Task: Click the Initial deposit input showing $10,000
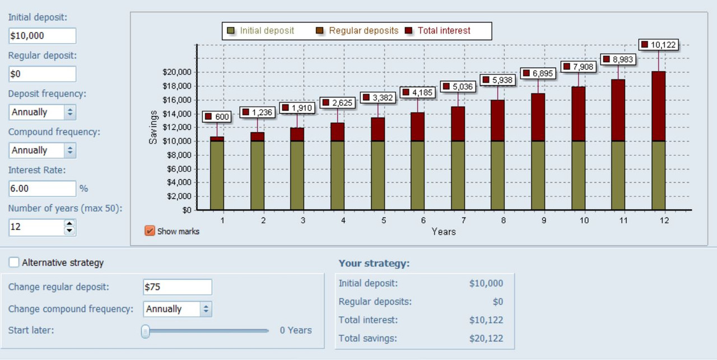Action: point(42,36)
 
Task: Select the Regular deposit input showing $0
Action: point(42,74)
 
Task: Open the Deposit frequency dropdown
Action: point(43,112)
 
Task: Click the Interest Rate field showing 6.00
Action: point(42,189)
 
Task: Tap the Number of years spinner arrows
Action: point(69,227)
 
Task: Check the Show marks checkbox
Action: point(150,231)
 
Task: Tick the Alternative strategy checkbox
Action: point(14,263)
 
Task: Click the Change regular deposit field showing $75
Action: point(178,287)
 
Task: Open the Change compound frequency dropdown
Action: point(178,309)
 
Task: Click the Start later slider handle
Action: point(146,331)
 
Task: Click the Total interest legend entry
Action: point(439,31)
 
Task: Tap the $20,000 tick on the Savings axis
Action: point(177,72)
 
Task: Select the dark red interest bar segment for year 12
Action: point(658,106)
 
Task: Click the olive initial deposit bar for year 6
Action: point(418,175)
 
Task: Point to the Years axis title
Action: point(444,231)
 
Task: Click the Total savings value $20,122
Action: point(486,338)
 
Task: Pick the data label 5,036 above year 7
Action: point(458,86)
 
